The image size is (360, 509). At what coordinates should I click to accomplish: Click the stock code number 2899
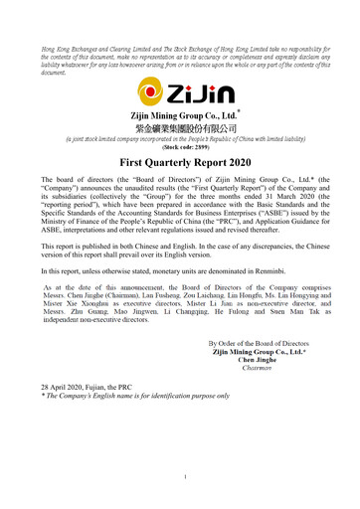(x=197, y=145)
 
